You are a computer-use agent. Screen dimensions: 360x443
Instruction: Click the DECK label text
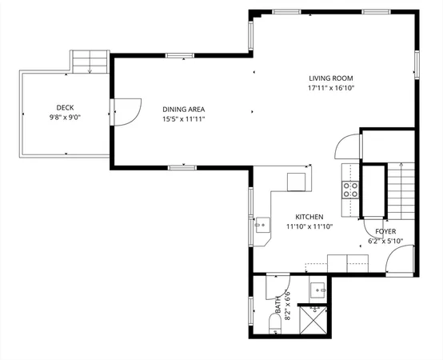(66, 107)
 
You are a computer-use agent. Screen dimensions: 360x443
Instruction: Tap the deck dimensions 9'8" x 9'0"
(66, 117)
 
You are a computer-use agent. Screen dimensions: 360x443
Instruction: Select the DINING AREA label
(183, 109)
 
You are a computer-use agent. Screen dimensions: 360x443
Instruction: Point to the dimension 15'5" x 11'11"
(183, 120)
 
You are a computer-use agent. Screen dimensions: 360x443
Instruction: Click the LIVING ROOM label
(331, 78)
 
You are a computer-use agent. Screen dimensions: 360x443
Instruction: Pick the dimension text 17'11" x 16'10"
(331, 88)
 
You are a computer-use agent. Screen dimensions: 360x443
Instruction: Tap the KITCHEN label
(309, 217)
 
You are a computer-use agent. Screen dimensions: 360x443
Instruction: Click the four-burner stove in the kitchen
(350, 190)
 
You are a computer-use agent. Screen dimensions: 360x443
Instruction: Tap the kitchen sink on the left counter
(261, 226)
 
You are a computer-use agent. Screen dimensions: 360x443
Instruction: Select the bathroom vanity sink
(317, 290)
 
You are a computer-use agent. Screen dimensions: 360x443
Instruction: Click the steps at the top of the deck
(90, 61)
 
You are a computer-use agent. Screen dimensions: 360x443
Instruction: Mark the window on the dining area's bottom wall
(182, 167)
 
